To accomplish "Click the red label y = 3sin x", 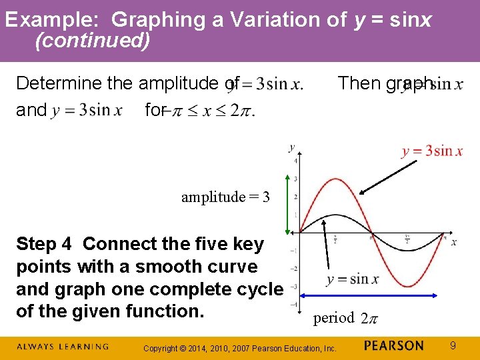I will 432,151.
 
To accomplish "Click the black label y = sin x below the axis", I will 352,279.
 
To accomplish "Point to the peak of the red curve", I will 335,179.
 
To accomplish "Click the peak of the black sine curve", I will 335,215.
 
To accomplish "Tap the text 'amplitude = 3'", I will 225,197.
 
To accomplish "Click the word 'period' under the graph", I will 334,318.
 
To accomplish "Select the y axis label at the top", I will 292,147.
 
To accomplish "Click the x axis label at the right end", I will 454,241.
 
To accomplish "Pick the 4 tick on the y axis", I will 295,161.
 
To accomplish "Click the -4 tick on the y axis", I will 295,304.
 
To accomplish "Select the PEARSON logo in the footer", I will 394,345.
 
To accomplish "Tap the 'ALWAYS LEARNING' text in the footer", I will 63,346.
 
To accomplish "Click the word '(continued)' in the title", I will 92,41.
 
